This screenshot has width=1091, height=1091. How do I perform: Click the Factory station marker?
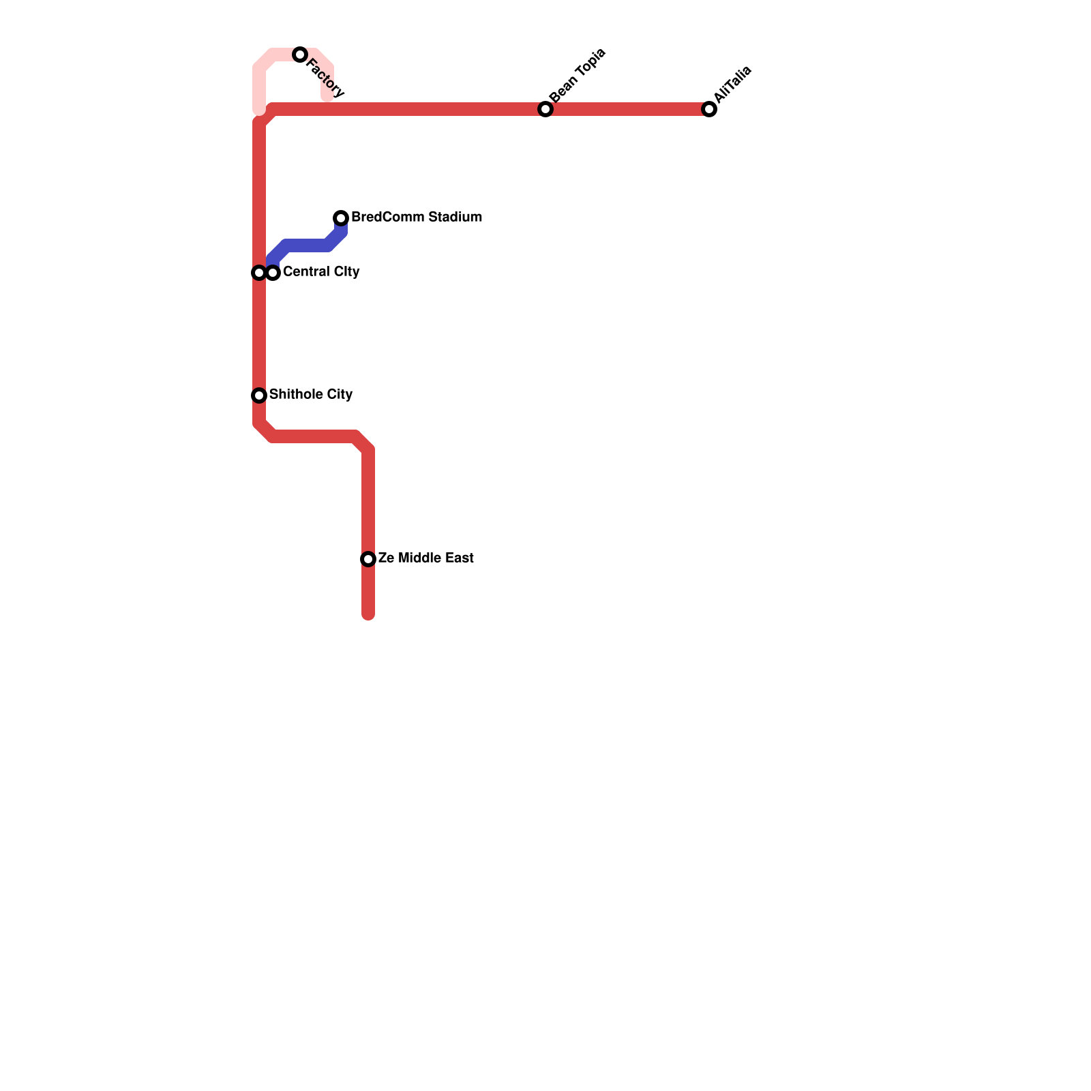(x=300, y=55)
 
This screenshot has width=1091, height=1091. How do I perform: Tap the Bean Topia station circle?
(x=545, y=109)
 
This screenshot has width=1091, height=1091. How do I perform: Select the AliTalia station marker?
(x=709, y=109)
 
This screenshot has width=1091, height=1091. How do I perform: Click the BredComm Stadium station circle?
(x=341, y=218)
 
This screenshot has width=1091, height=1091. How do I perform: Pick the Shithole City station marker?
(x=259, y=395)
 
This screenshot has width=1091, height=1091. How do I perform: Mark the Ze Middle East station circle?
(x=368, y=559)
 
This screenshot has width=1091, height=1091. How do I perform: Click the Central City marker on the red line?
(x=259, y=273)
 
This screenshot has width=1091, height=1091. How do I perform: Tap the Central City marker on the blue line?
(x=273, y=273)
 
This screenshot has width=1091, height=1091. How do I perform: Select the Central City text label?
(x=321, y=272)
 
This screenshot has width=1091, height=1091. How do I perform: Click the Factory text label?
(x=325, y=78)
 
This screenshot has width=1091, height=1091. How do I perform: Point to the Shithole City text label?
(x=311, y=395)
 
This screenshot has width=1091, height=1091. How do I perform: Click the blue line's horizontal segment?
(x=307, y=245)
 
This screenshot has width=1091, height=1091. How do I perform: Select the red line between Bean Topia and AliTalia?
(x=627, y=109)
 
